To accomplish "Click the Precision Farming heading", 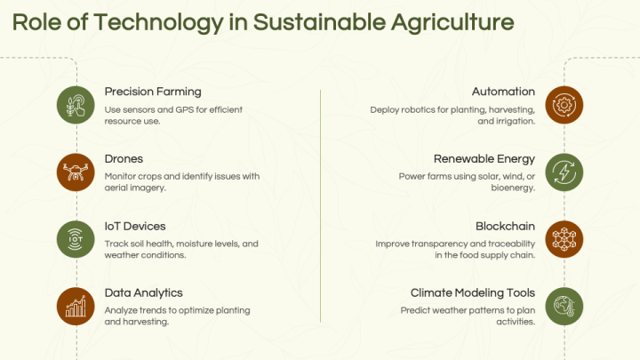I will (x=153, y=92).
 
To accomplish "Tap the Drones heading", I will (x=124, y=159).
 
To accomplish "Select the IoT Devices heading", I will (x=135, y=226).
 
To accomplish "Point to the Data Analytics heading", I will (x=144, y=292).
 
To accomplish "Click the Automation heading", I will (x=503, y=92).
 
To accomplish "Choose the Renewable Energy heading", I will (x=484, y=159).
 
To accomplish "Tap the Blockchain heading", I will (x=505, y=226).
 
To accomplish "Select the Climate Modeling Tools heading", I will (x=473, y=292).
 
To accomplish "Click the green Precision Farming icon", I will (x=76, y=104).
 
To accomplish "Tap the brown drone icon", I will (x=76, y=172).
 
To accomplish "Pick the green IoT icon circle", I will (x=76, y=238).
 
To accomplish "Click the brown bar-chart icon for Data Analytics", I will (x=76, y=306).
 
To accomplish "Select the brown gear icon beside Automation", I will (x=564, y=104).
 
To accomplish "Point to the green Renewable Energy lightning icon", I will (x=564, y=172).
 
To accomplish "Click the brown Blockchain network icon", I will (x=564, y=238).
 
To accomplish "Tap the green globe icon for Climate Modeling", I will (x=564, y=306).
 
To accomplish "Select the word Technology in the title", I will (x=147, y=23).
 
